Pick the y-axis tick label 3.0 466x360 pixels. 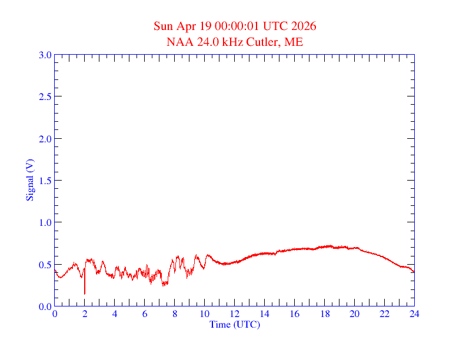pos(45,55)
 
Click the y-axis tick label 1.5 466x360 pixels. pos(45,181)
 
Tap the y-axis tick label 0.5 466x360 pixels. pos(45,265)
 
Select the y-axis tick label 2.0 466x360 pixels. pos(45,139)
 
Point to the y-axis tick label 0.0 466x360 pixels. pos(45,306)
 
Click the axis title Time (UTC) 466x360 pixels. pos(235,324)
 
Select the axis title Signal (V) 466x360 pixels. pos(29,180)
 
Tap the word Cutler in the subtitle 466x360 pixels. pos(266,42)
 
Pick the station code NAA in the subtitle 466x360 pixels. pos(178,42)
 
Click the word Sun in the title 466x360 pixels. pos(163,26)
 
